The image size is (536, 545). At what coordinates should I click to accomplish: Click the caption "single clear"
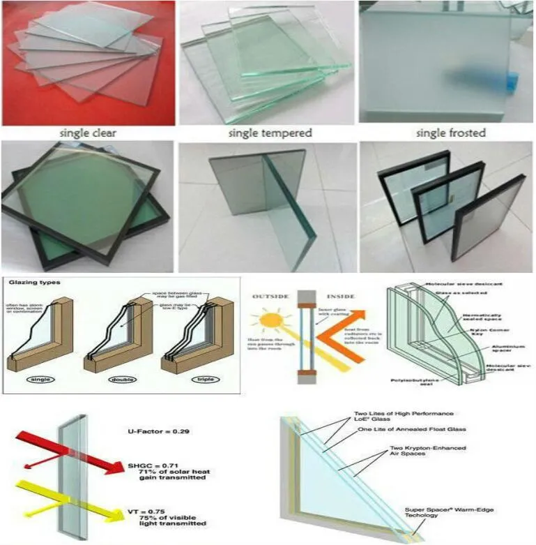click(88, 133)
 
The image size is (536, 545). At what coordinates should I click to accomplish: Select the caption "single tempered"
click(270, 133)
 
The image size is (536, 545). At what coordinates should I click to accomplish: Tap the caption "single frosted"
click(450, 133)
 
